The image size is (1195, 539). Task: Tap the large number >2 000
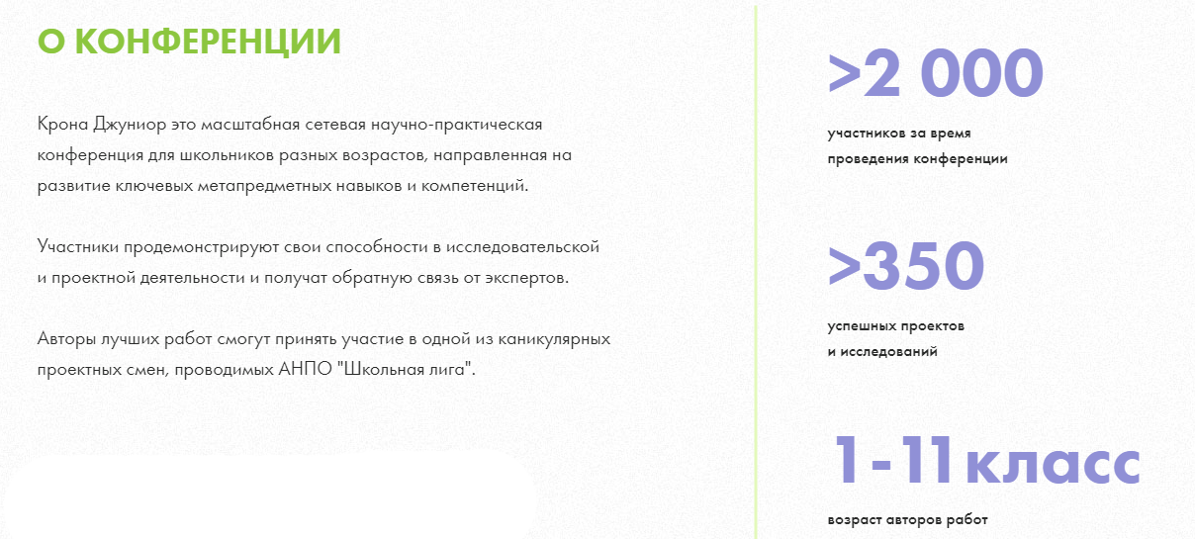point(935,72)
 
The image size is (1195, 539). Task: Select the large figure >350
point(906,265)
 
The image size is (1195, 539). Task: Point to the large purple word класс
point(1054,465)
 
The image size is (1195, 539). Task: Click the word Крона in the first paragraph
point(62,125)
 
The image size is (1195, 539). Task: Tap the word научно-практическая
point(457,126)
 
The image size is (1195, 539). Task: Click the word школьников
point(227,155)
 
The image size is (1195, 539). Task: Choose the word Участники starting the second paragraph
point(78,248)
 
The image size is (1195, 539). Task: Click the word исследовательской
point(522,248)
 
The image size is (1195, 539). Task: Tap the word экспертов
point(527,279)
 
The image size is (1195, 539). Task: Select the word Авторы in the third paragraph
point(66,340)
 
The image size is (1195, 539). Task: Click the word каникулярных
point(554,340)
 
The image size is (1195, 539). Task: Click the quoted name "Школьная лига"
point(407,369)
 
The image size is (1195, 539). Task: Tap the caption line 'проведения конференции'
point(918,159)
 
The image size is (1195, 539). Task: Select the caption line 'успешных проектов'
point(896,326)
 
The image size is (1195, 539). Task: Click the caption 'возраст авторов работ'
point(907,520)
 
